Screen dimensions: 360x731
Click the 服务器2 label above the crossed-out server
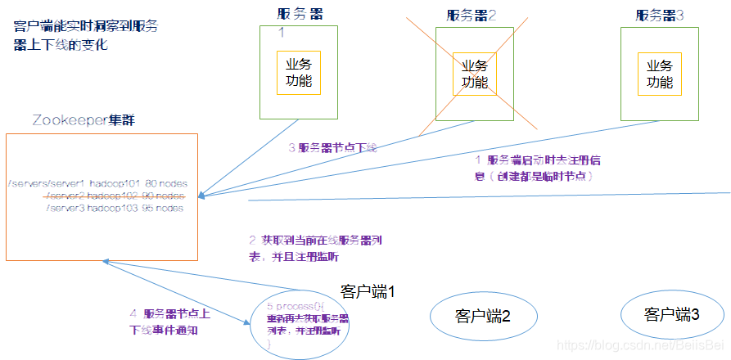472,15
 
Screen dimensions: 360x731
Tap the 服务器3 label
660,15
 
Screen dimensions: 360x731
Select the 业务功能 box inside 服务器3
660,73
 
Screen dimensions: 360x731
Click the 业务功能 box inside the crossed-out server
475,73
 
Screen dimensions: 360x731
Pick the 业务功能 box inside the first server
298,73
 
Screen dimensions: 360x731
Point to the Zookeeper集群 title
83,120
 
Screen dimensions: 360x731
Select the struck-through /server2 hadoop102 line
114,196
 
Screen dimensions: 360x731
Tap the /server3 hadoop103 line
114,208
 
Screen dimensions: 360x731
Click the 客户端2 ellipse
482,317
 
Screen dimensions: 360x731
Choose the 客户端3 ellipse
672,315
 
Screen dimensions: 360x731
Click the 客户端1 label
368,290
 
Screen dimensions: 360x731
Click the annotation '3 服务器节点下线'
332,148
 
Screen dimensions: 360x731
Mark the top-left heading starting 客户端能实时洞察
86,35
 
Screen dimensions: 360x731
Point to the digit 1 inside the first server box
281,33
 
